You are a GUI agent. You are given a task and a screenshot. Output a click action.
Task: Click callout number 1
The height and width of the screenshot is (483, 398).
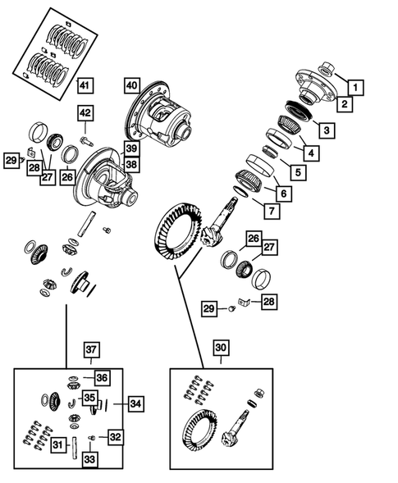point(355,85)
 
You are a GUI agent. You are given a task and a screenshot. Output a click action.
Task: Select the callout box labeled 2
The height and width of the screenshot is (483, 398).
point(345,104)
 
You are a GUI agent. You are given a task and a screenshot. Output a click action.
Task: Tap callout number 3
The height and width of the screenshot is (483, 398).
point(326,130)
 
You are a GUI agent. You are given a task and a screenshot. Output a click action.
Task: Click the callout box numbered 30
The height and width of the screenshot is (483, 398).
point(222,346)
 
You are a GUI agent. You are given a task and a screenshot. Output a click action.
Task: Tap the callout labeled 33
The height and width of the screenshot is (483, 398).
point(89,460)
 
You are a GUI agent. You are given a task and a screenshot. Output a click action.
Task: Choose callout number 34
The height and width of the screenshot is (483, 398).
point(135,403)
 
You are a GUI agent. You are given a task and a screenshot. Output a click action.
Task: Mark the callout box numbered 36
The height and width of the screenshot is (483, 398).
point(101,377)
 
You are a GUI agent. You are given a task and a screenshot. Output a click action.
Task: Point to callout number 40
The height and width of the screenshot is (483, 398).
point(132,84)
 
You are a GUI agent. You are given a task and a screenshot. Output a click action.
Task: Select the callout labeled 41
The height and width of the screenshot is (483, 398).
point(86,85)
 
